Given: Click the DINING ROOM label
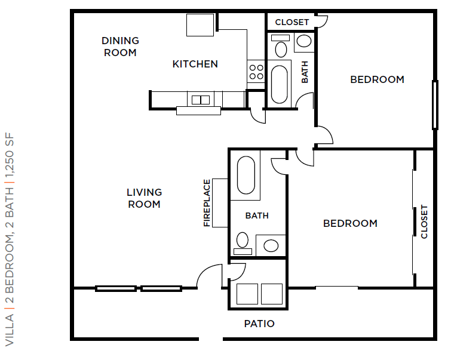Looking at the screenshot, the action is click(120, 47).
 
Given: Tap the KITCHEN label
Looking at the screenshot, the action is click(195, 64).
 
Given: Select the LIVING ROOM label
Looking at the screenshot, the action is click(144, 198).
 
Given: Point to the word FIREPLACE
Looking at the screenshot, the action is click(207, 203).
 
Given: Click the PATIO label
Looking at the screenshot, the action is click(259, 324).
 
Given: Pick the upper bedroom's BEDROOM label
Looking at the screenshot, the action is click(377, 79).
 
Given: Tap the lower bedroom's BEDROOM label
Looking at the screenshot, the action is click(350, 223).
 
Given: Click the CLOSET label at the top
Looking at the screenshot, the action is click(292, 22).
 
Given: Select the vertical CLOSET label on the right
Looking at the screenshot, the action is click(424, 221).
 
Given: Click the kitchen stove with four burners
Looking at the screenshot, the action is click(256, 72).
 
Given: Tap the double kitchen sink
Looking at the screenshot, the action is click(201, 100).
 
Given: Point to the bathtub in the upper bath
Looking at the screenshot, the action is click(280, 84).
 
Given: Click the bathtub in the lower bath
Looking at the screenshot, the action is click(246, 175).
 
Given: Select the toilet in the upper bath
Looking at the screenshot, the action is click(280, 46).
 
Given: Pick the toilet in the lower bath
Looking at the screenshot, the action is click(243, 243).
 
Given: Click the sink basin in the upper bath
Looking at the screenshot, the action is click(304, 41).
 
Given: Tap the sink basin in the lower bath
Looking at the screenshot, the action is click(271, 245).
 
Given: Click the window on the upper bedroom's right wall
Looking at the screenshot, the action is click(435, 104).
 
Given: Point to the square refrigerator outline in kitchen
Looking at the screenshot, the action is click(200, 24).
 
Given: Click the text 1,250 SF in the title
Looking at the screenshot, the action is click(10, 155).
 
